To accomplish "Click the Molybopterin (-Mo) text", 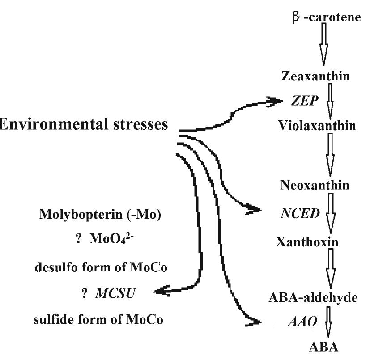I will pyautogui.click(x=99, y=212).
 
